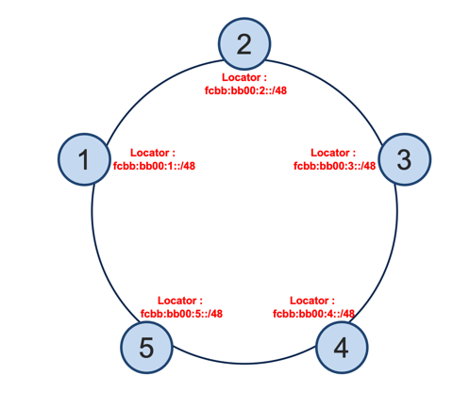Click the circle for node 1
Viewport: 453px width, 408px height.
pos(84,159)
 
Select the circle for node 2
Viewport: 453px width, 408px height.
pos(244,43)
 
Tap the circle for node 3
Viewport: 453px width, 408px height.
pos(404,159)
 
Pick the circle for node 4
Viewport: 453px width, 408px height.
pos(342,348)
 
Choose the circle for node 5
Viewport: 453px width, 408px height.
pos(146,348)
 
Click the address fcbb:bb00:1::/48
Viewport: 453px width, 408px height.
pos(154,166)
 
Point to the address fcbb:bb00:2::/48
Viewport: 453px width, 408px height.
pos(245,90)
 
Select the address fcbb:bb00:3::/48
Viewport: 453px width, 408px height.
pos(335,166)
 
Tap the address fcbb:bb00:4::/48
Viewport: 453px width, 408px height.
pos(313,314)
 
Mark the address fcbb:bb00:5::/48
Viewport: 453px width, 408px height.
pos(181,314)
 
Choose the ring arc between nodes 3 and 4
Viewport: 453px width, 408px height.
pos(390,258)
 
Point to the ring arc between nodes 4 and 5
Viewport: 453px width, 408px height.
pos(244,364)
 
